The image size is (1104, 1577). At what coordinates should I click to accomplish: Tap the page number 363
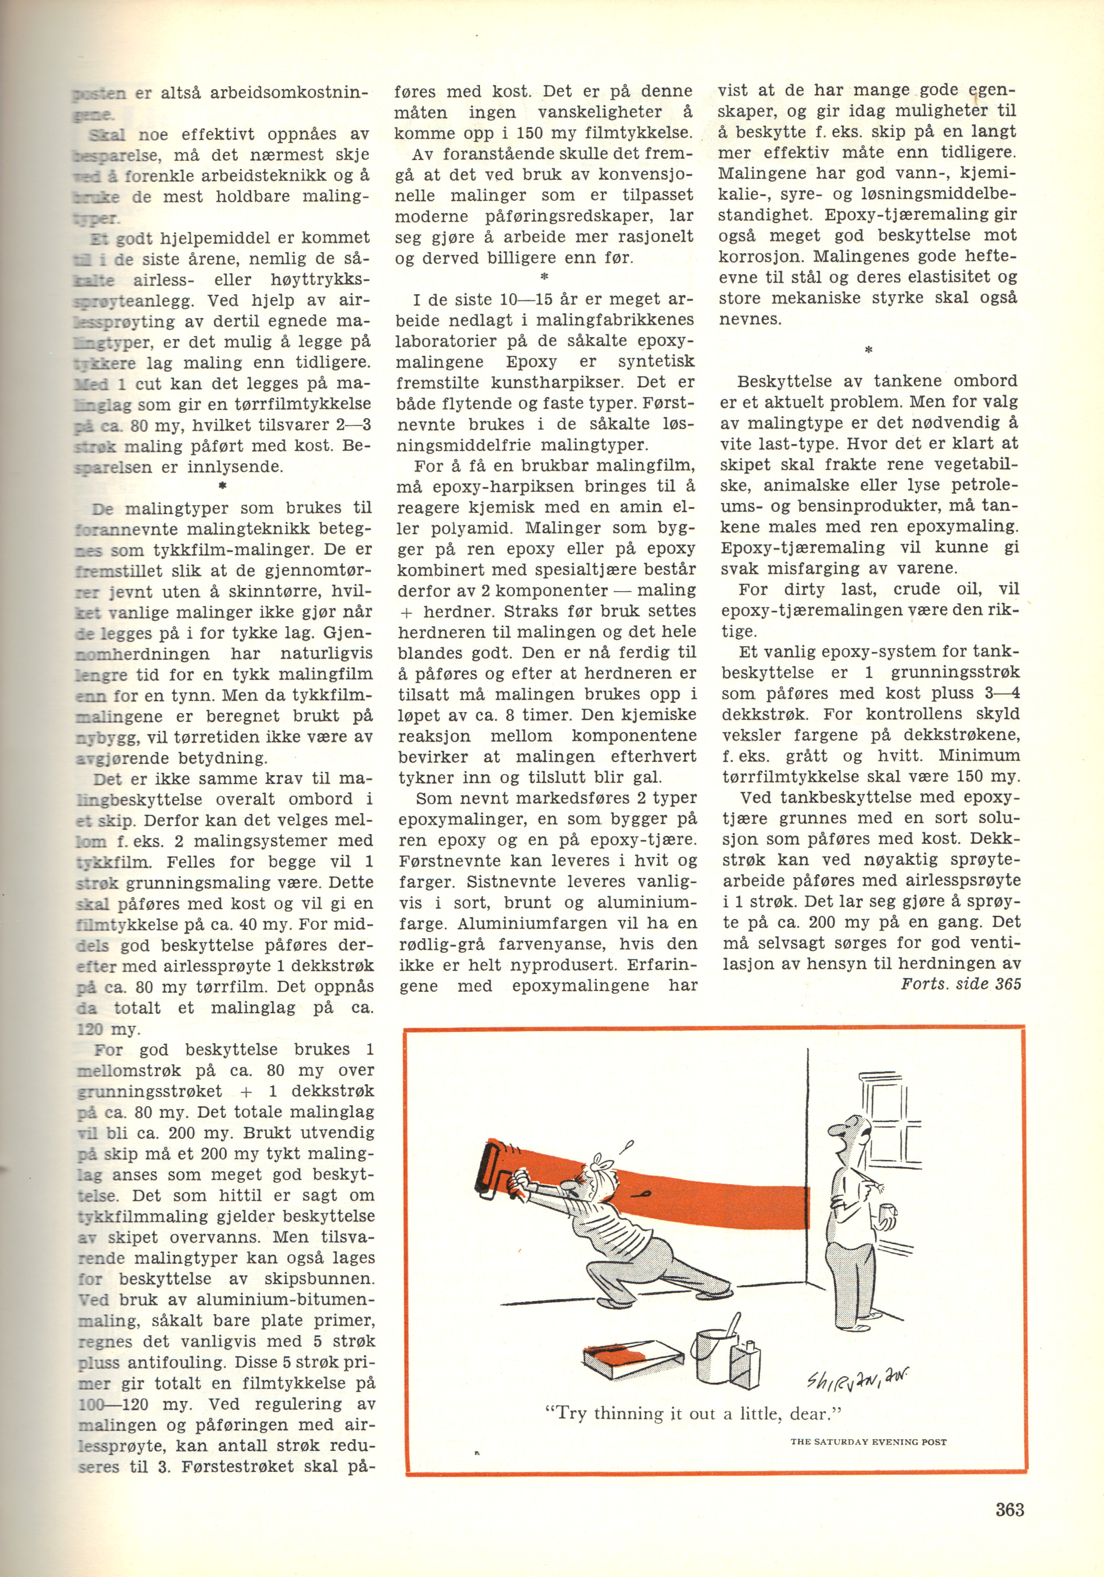[1009, 1509]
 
